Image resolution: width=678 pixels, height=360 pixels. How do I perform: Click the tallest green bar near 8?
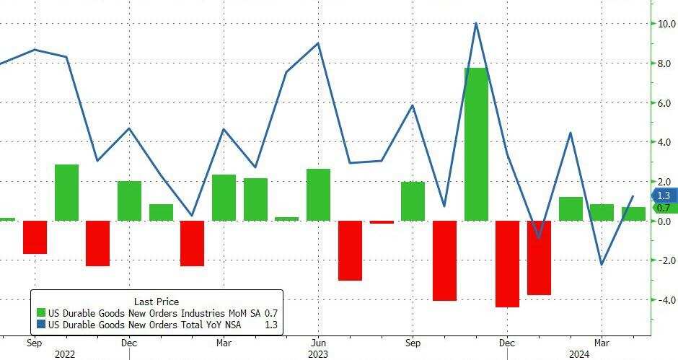(477, 144)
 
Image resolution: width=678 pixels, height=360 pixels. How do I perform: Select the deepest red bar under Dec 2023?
(508, 264)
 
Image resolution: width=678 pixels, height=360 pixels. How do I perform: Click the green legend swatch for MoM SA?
(42, 313)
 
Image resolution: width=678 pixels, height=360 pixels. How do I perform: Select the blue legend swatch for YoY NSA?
(42, 325)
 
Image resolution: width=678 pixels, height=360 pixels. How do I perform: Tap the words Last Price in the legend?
(157, 302)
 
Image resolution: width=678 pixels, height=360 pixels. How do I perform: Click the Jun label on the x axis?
(318, 343)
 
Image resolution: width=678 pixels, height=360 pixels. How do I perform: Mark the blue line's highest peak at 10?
(476, 24)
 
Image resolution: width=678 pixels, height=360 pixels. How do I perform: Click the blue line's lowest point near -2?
(602, 265)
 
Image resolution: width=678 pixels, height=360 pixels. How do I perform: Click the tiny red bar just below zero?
(382, 222)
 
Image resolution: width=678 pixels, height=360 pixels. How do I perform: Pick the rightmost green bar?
(633, 214)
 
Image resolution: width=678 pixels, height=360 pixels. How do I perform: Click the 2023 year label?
(318, 354)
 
